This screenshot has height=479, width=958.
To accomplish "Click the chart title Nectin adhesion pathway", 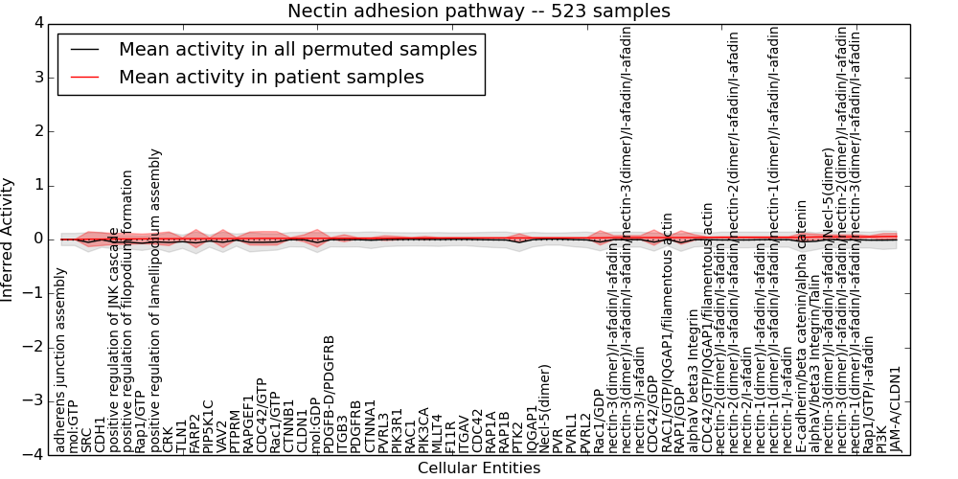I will tap(479, 11).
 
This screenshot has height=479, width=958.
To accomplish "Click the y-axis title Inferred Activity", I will tap(9, 239).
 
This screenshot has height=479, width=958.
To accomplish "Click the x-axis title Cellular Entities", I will tap(479, 468).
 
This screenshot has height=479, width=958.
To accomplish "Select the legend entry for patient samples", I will tap(271, 78).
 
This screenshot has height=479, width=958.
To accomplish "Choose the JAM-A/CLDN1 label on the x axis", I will tap(896, 409).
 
